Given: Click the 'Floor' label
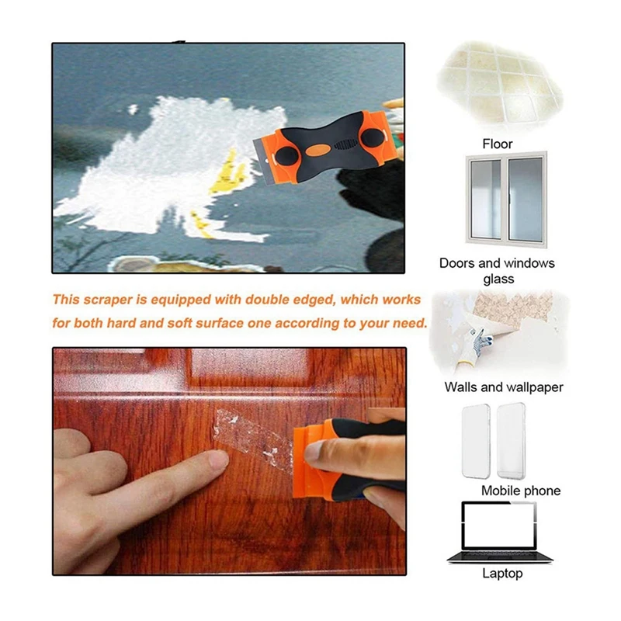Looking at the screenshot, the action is [497, 144].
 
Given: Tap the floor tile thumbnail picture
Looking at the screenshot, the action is [500, 86].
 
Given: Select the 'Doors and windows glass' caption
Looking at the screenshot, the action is [497, 271].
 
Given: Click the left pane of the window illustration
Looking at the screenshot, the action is [486, 199].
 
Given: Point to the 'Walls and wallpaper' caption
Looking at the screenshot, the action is [503, 387].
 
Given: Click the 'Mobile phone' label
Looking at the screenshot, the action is [520, 491].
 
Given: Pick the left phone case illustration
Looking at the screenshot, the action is [476, 441].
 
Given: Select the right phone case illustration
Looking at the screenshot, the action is [511, 441].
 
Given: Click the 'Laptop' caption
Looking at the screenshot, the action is [502, 573].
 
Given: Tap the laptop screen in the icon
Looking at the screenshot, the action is [499, 526].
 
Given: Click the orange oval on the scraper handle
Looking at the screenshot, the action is [318, 150].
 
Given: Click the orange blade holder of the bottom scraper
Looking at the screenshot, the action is [313, 460].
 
